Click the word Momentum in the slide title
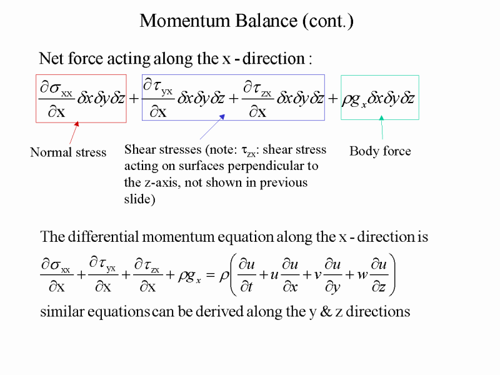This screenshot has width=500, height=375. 185,21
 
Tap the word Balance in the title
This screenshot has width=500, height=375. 266,21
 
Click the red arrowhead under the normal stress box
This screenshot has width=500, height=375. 76,124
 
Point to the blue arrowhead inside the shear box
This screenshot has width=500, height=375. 222,117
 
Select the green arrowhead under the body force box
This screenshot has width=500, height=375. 381,118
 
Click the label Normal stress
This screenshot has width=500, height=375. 68,152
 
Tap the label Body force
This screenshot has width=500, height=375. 380,151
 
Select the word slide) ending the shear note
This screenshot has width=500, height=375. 139,199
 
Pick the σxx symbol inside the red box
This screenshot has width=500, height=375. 61,88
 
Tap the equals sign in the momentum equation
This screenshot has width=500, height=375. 210,274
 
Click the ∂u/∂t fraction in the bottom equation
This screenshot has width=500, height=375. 247,275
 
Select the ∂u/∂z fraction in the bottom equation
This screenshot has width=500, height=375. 379,275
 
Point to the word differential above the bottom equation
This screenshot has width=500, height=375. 103,237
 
